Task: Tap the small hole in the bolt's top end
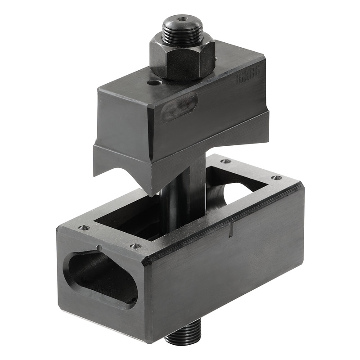(182, 19)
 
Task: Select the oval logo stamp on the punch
(179, 108)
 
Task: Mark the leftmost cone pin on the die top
(83, 227)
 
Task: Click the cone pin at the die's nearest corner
(134, 246)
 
